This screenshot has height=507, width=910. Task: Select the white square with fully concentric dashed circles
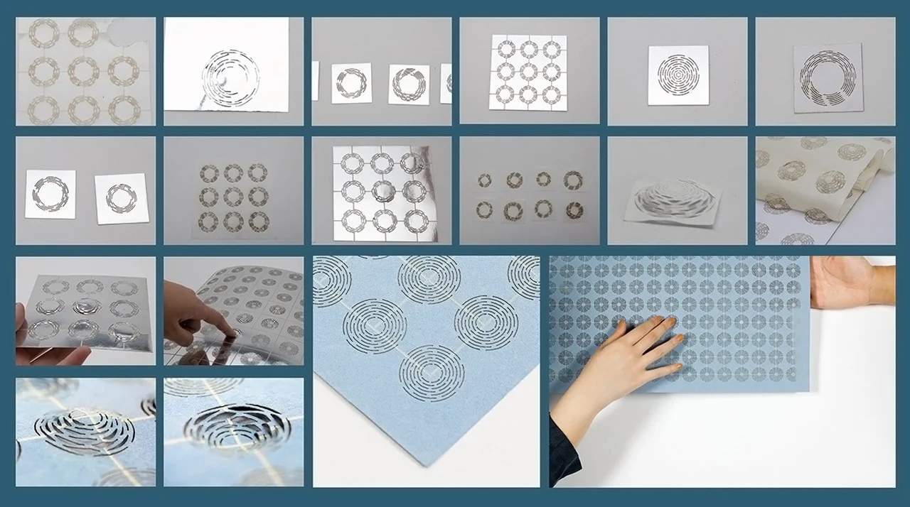click(x=678, y=75)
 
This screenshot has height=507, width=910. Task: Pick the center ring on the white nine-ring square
click(x=528, y=71)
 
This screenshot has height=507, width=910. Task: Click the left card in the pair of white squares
click(x=50, y=193)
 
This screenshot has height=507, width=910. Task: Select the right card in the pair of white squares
click(x=121, y=198)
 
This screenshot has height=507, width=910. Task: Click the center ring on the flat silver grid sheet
click(x=382, y=191)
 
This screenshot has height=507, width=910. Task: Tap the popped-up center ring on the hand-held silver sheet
click(x=87, y=307)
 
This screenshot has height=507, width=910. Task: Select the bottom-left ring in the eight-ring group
click(x=485, y=210)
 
